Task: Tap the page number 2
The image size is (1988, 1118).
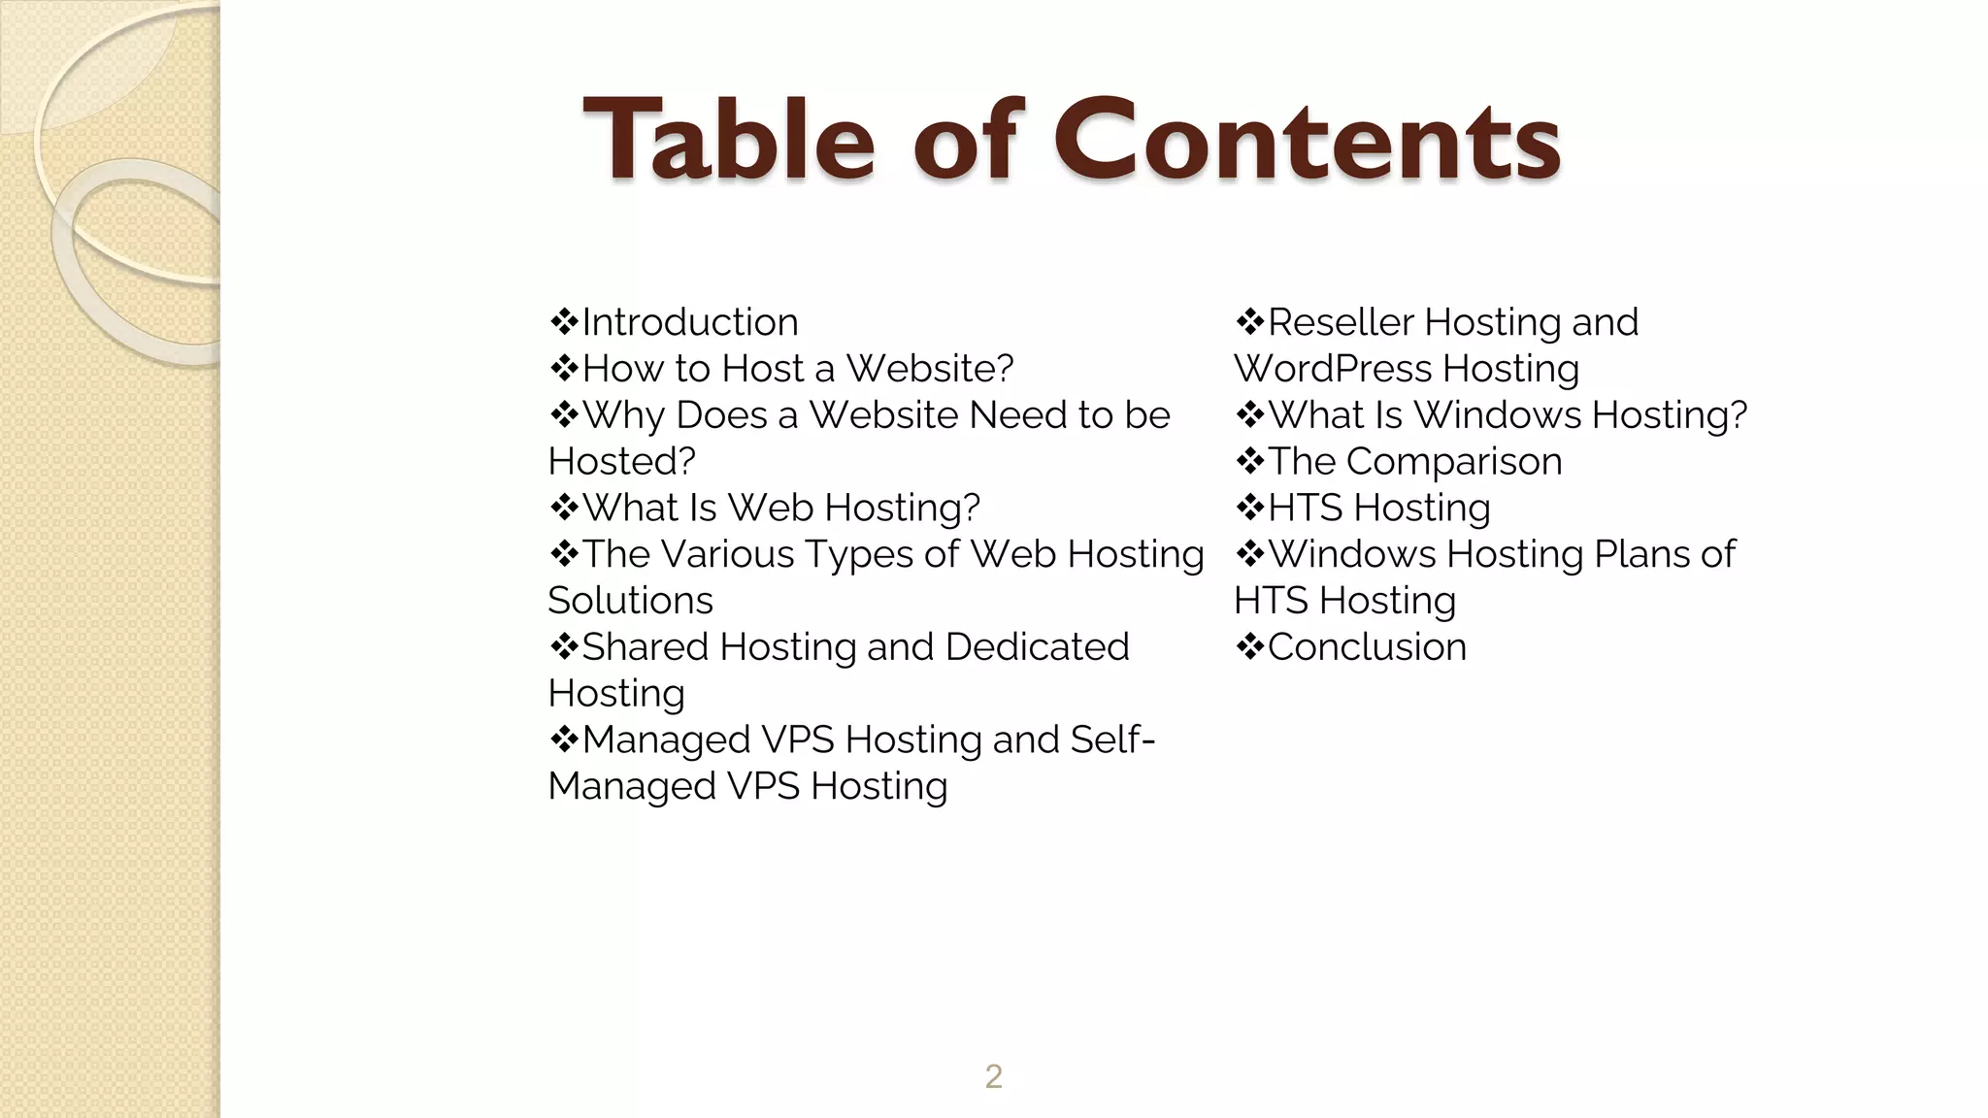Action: tap(993, 1076)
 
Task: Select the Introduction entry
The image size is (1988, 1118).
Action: tap(689, 322)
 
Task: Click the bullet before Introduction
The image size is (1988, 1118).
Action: tap(563, 321)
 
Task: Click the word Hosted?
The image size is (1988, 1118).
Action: tap(621, 462)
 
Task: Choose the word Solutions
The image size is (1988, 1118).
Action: tap(630, 601)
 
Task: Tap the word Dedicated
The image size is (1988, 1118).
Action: tap(1037, 647)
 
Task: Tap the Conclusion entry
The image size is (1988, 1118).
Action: tap(1367, 647)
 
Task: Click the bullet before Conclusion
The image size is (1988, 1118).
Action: tap(1249, 646)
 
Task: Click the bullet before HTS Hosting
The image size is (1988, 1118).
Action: tap(1249, 508)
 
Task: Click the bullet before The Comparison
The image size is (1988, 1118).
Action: tap(1249, 461)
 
